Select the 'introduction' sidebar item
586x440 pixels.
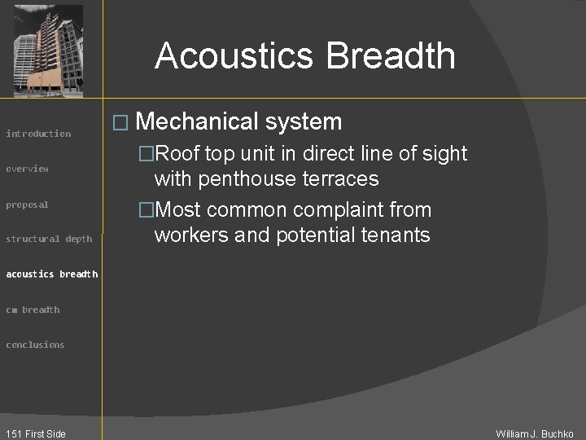tap(38, 134)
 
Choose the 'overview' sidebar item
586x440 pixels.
tap(28, 169)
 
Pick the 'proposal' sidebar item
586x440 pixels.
tap(28, 205)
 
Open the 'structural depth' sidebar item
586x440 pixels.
tap(49, 239)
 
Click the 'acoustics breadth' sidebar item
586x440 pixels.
tap(51, 274)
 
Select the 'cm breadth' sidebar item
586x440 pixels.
tap(33, 310)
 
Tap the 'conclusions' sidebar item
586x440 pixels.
tap(35, 345)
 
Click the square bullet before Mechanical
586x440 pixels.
tap(120, 123)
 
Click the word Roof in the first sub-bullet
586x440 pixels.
tap(179, 154)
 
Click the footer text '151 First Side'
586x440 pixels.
tap(34, 433)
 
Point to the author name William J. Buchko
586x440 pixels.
tap(535, 433)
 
